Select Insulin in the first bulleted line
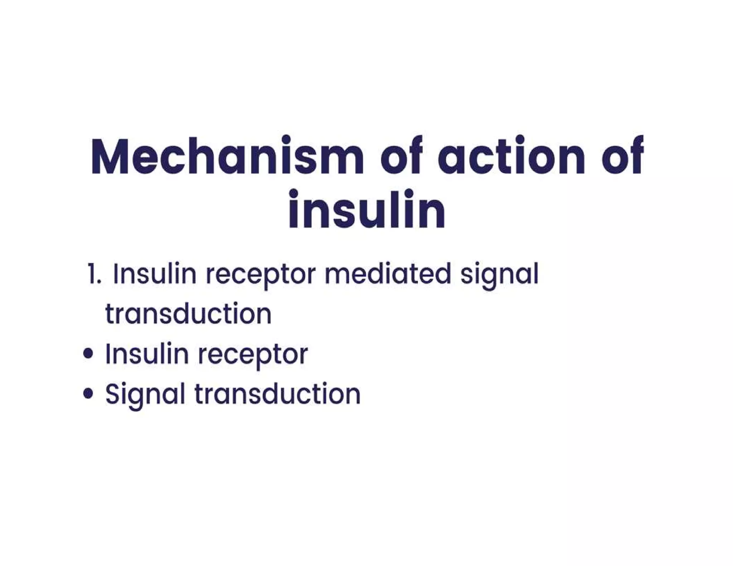[147, 354]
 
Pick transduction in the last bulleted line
[277, 394]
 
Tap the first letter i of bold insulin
[293, 209]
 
